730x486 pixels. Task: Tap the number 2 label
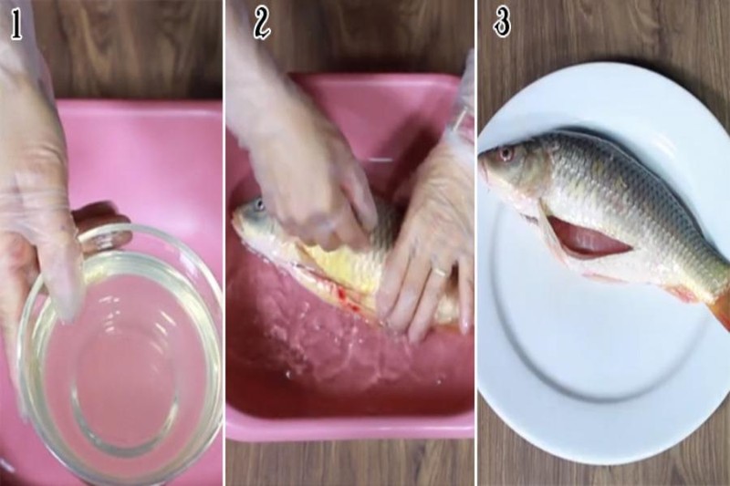pyautogui.click(x=262, y=25)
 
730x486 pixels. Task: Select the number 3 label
pyautogui.click(x=502, y=22)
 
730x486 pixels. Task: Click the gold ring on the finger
pyautogui.click(x=439, y=271)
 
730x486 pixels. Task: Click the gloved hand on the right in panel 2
pyautogui.click(x=424, y=246)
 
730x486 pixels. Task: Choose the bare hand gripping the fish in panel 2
pyautogui.click(x=310, y=182)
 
